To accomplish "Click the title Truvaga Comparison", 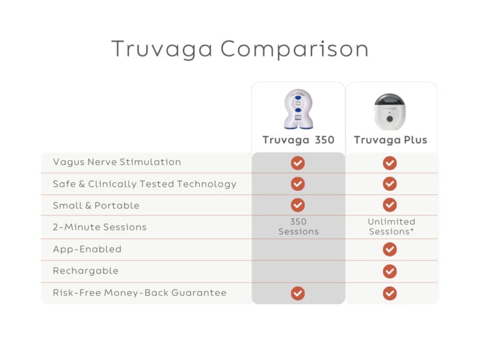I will click(x=240, y=49).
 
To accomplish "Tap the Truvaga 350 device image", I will click(x=298, y=109).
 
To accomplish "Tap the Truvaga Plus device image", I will click(x=390, y=111).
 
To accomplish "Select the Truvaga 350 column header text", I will click(x=298, y=140).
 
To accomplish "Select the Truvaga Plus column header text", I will click(x=390, y=140).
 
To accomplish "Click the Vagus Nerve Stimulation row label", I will click(x=117, y=162).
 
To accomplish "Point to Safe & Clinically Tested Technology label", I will click(x=145, y=184).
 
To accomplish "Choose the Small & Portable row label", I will click(x=96, y=205).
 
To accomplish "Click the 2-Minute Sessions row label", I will click(x=100, y=227).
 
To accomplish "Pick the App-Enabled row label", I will click(x=87, y=249).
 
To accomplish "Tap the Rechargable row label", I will click(x=86, y=271).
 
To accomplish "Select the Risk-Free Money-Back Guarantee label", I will click(x=140, y=293).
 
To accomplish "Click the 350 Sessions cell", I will click(x=298, y=227).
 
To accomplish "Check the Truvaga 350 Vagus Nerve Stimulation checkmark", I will click(x=298, y=163).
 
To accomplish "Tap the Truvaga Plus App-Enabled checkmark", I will click(x=390, y=249).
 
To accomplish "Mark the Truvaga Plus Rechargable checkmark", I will click(x=390, y=271).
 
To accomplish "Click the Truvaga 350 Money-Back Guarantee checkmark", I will click(x=298, y=293).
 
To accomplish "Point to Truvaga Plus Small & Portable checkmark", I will click(x=390, y=205).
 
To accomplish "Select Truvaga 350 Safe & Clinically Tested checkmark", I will click(x=298, y=184).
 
